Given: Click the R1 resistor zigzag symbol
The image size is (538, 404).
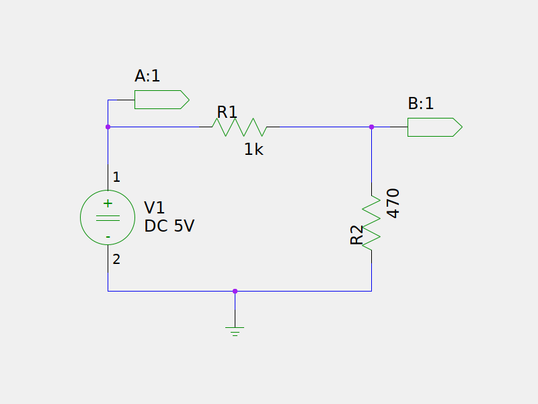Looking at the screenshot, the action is pyautogui.click(x=239, y=127).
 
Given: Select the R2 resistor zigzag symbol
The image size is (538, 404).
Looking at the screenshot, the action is pyautogui.click(x=371, y=223).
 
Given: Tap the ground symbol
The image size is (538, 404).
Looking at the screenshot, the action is pyautogui.click(x=235, y=331).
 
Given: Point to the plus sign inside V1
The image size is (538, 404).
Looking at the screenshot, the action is pyautogui.click(x=108, y=203).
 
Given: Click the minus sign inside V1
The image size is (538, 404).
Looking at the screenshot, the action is pyautogui.click(x=108, y=237).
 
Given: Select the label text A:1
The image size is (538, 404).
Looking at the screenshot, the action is pyautogui.click(x=147, y=76).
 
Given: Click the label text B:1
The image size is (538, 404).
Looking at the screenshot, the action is pyautogui.click(x=421, y=104).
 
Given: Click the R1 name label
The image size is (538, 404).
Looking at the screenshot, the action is pyautogui.click(x=227, y=112).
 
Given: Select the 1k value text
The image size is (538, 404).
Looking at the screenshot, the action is pyautogui.click(x=254, y=149).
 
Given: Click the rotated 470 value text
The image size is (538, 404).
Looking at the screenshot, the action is pyautogui.click(x=393, y=203).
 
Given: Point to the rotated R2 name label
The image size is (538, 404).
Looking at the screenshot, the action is pyautogui.click(x=356, y=235).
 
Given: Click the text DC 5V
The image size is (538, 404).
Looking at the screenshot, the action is pyautogui.click(x=169, y=226).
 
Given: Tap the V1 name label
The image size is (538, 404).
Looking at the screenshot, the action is pyautogui.click(x=155, y=207).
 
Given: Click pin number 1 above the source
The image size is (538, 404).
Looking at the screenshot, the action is pyautogui.click(x=116, y=177).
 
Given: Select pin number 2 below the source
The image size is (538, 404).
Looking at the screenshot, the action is pyautogui.click(x=116, y=259).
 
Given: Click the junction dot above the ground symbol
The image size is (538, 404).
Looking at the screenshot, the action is pyautogui.click(x=235, y=292).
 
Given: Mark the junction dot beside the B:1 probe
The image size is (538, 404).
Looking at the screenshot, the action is pyautogui.click(x=371, y=127).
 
